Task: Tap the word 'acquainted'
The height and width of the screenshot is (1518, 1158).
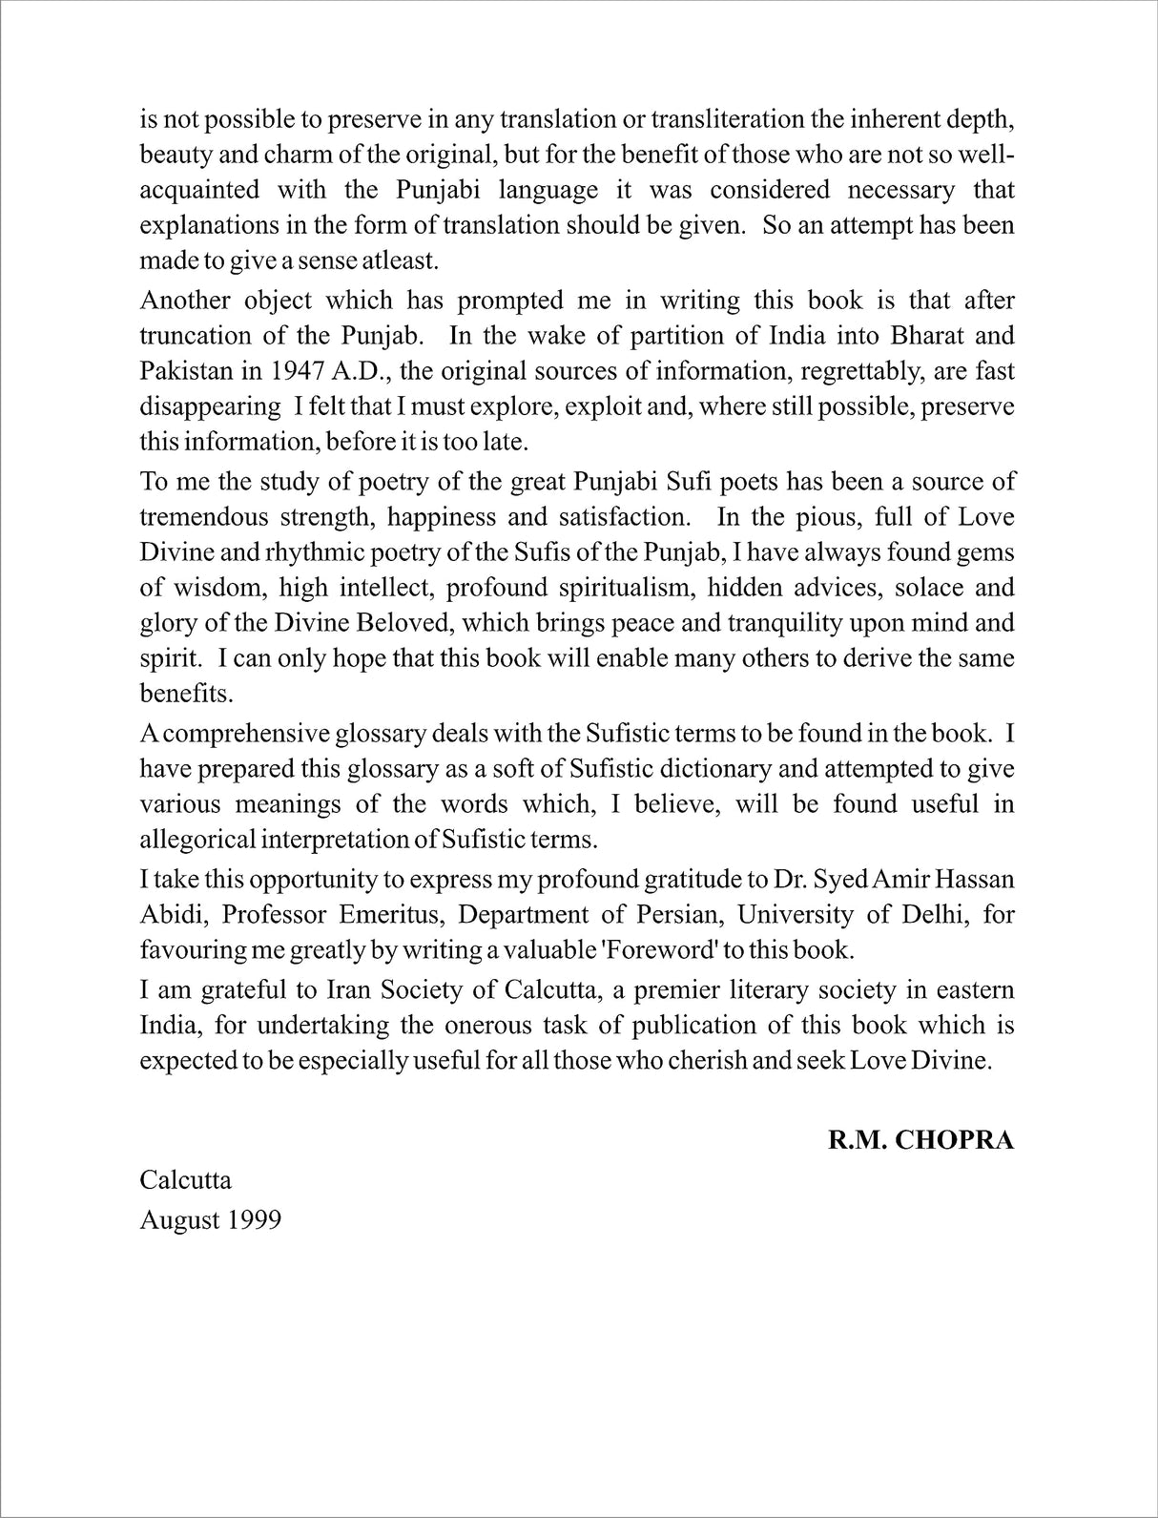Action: coord(199,190)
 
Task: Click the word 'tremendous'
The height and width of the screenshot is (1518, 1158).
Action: coord(203,517)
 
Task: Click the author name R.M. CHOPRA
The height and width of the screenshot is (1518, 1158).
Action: coord(920,1140)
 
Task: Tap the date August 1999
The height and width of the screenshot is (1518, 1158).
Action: coord(210,1219)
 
